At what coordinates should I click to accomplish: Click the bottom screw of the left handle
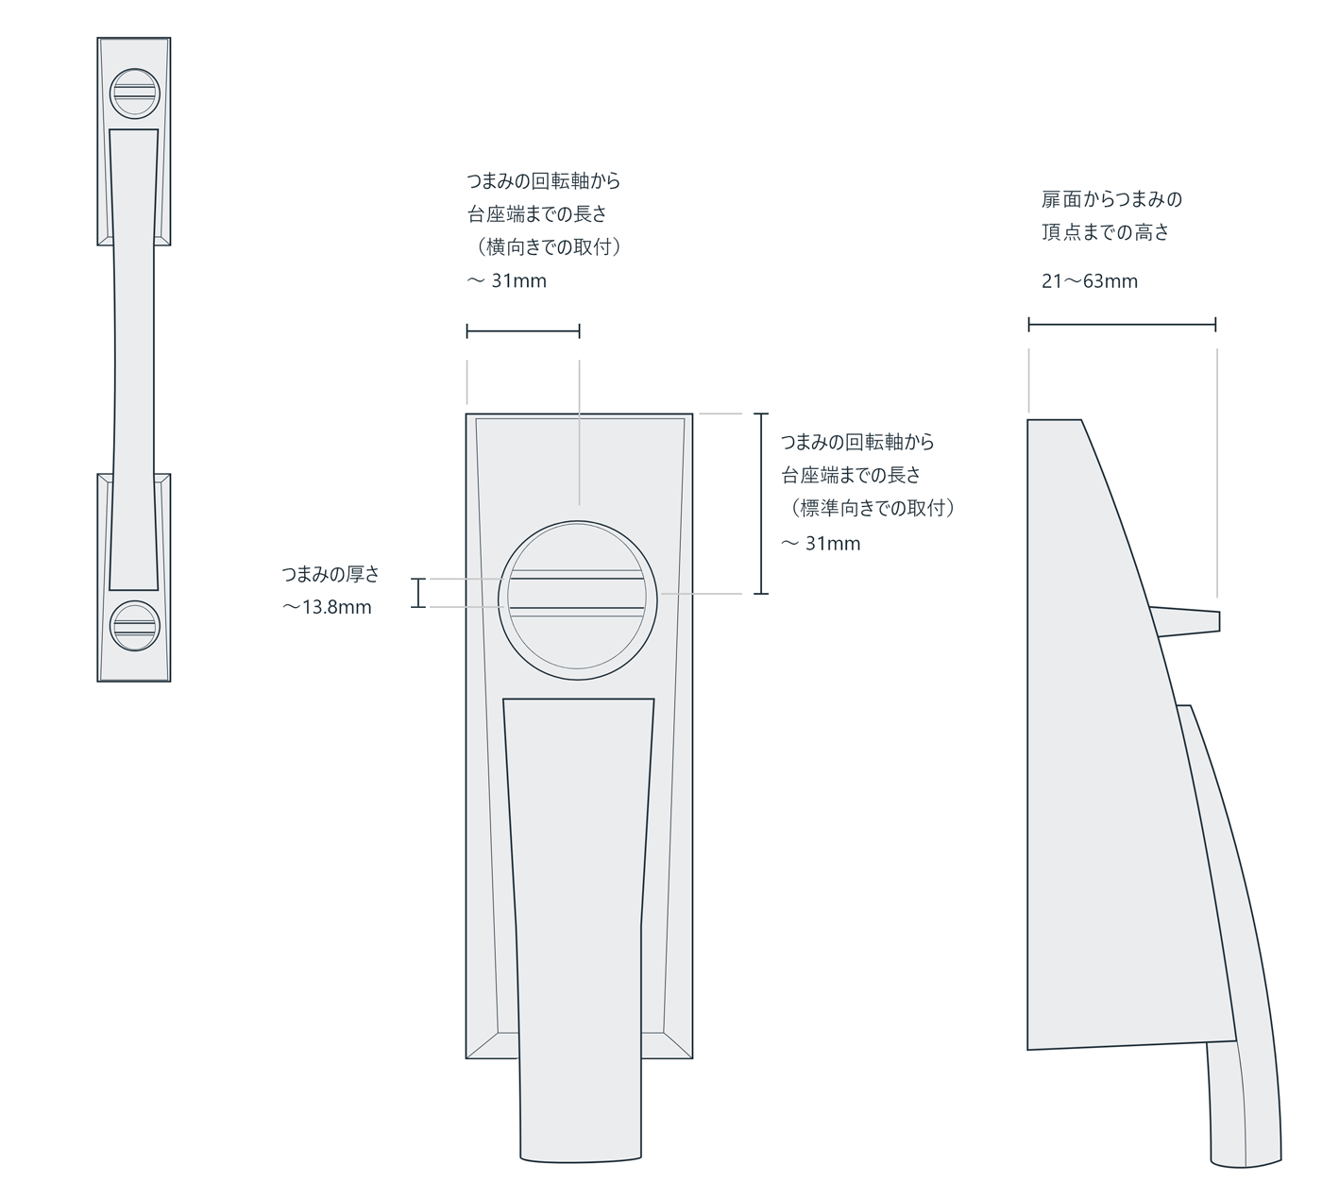(134, 626)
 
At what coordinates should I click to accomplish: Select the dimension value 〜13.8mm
(328, 608)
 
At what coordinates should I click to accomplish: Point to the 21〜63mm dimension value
(1090, 281)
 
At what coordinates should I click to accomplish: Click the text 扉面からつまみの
(1111, 199)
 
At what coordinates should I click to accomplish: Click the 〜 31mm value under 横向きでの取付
(507, 281)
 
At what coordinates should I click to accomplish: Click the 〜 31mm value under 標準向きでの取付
(821, 544)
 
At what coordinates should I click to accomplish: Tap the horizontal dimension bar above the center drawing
(523, 331)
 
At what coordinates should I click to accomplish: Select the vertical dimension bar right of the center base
(762, 503)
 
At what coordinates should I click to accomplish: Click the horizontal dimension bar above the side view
(1122, 325)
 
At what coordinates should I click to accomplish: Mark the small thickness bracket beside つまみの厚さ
(418, 593)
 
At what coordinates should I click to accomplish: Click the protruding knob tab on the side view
(1190, 621)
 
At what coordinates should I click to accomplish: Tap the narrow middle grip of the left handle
(133, 359)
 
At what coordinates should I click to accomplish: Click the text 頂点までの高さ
(1105, 232)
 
